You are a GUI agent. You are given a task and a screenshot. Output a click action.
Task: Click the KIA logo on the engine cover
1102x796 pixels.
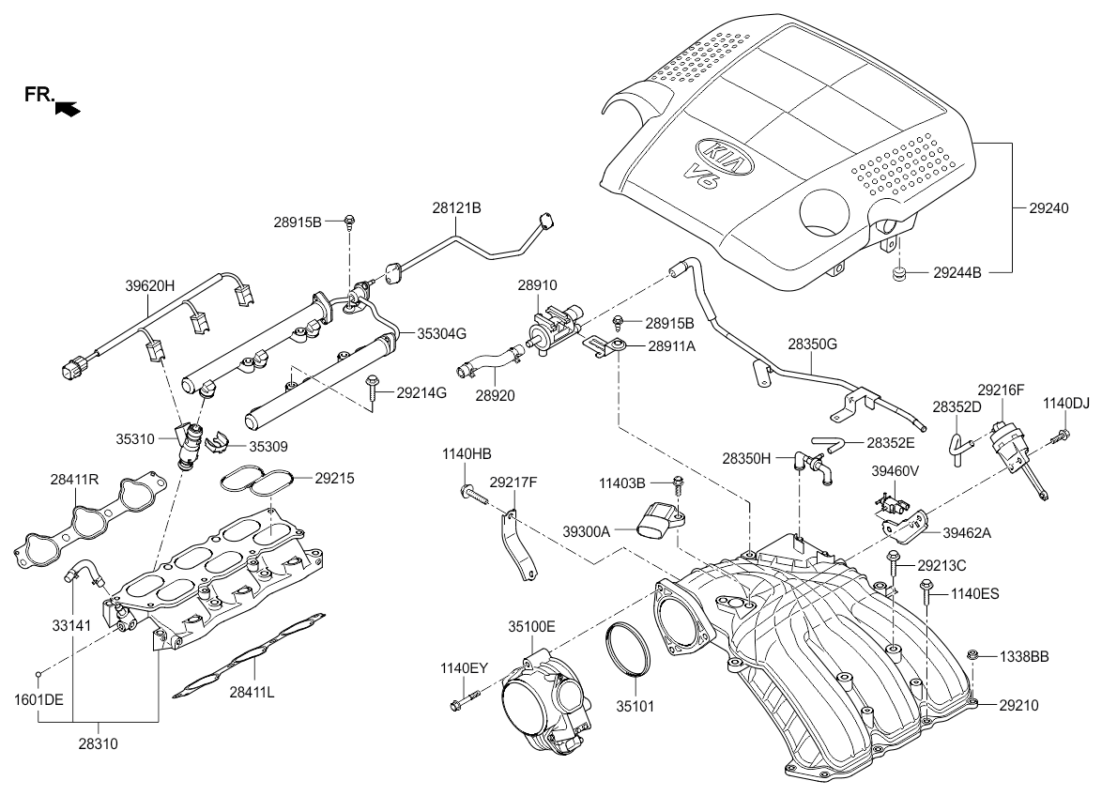[724, 156]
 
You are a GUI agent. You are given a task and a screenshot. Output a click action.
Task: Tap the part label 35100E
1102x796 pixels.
[532, 625]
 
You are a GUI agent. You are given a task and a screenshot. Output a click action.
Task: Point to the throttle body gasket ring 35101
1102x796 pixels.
[627, 649]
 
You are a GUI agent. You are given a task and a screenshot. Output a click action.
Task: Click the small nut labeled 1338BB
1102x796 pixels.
[973, 654]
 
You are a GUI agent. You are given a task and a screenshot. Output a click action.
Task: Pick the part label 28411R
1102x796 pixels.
[74, 480]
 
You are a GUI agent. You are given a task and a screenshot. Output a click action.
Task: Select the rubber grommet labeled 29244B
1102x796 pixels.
[897, 273]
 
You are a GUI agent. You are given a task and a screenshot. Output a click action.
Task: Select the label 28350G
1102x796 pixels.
[812, 344]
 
